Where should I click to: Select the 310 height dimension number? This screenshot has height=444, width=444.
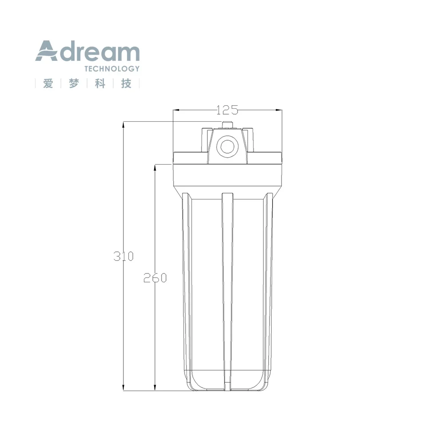tap(123, 256)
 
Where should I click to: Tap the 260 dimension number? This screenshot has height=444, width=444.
tap(155, 278)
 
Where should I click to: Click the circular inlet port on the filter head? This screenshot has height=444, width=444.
tap(227, 146)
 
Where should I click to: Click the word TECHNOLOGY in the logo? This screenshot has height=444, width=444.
tap(111, 69)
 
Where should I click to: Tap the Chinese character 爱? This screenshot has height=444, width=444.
tap(48, 83)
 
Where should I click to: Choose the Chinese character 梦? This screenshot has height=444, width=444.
tap(74, 83)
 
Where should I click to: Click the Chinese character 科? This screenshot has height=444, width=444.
tap(100, 83)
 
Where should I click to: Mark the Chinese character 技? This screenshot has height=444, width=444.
tap(127, 83)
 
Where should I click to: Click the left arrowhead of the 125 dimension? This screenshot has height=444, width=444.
tap(175, 110)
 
